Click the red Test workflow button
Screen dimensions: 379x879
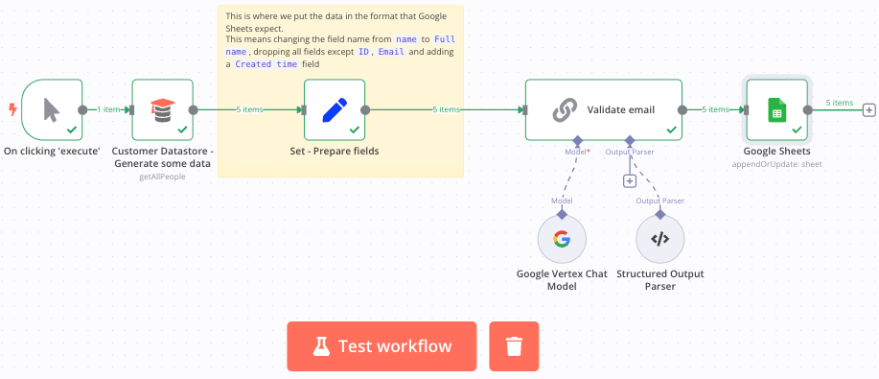point(381,346)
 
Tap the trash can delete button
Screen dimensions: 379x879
point(514,346)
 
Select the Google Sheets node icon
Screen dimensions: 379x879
point(777,110)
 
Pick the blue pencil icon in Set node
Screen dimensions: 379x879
point(335,110)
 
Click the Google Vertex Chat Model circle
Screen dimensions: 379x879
point(562,239)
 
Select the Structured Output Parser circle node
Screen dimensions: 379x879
point(659,239)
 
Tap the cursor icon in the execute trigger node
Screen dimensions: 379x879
point(51,110)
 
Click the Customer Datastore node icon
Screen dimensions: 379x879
point(162,110)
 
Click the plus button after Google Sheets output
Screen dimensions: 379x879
point(868,110)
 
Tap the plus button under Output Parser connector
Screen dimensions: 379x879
point(630,180)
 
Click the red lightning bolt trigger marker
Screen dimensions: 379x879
point(12,109)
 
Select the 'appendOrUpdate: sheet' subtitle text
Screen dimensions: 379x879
point(777,164)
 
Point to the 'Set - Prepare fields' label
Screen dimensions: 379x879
point(335,151)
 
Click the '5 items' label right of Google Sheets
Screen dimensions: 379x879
point(840,103)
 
